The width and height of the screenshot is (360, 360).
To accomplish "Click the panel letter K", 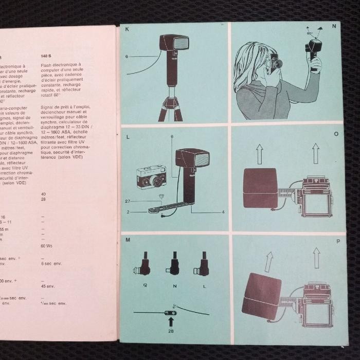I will (127, 29).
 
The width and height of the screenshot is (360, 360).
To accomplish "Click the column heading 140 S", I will (48, 57).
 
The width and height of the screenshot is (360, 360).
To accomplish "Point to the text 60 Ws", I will (47, 246).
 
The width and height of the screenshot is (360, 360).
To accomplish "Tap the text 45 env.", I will (48, 286).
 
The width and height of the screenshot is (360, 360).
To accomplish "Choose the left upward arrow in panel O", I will (260, 153).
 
